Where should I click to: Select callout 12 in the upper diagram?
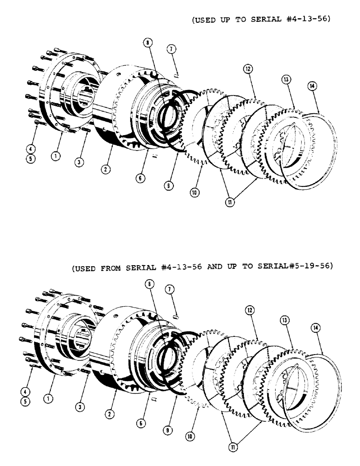247,69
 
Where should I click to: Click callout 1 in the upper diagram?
55,157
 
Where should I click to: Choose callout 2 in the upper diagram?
107,170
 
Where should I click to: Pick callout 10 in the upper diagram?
194,192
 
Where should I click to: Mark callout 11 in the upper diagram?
230,203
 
